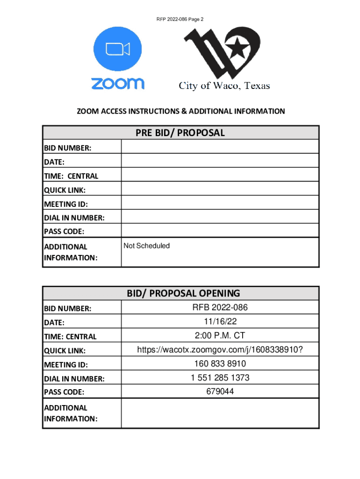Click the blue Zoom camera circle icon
[117, 49]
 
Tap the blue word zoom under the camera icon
[117, 83]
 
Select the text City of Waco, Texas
[224, 86]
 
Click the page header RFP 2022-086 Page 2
[180, 19]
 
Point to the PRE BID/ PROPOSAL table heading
[180, 133]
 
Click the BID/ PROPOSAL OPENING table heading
[183, 293]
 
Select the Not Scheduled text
[146, 246]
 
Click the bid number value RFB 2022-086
[220, 307]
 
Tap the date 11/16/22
[220, 321]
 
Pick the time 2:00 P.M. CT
[220, 335]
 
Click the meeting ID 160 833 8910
[220, 363]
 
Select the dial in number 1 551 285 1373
[220, 377]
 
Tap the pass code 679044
[220, 392]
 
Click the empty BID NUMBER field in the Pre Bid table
[220, 147]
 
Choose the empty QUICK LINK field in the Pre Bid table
[220, 189]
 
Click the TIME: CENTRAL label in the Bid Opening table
[70, 336]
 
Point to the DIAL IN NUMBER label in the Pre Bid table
[74, 218]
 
